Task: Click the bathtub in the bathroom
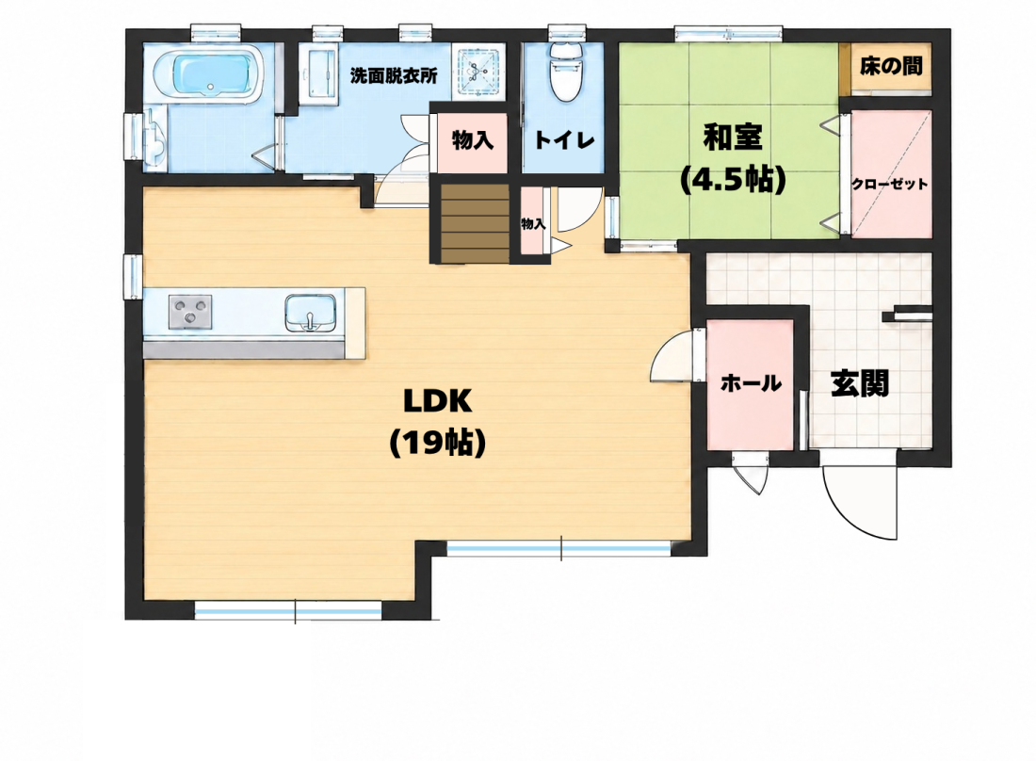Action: point(208,74)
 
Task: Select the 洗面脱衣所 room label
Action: point(394,76)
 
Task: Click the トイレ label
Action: point(564,139)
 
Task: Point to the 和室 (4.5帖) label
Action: point(733,158)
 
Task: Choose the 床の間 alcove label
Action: point(891,66)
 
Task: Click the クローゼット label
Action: point(889,185)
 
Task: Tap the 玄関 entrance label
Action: point(860,383)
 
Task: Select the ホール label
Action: point(751,382)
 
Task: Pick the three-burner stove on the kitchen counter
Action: point(190,312)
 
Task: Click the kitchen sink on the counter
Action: point(311,313)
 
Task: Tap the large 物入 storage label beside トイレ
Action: point(473,140)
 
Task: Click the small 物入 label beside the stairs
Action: point(533,224)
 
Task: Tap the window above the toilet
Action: point(567,31)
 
